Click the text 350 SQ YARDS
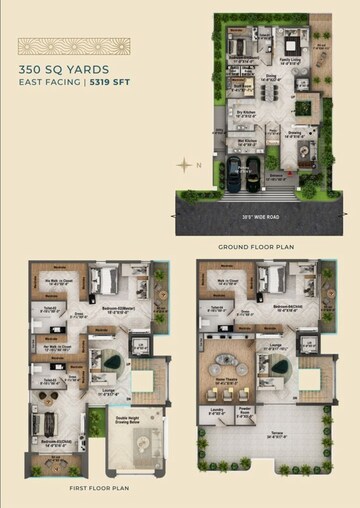click(57, 69)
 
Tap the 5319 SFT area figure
click(110, 84)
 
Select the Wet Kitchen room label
click(245, 142)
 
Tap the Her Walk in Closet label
click(58, 347)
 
